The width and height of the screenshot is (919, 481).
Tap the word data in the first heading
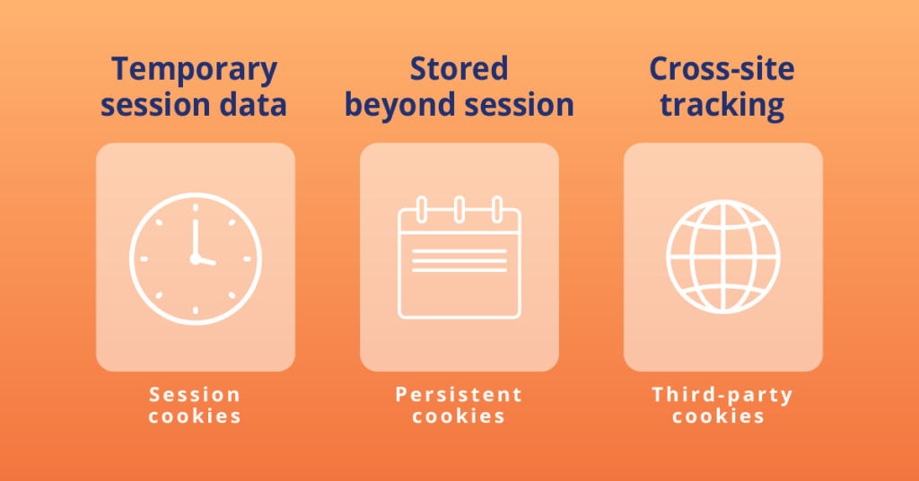pos(253,105)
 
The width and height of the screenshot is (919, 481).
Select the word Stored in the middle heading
pos(459,70)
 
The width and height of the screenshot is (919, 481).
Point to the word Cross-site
pos(722,70)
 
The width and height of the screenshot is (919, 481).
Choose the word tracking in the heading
pos(722,105)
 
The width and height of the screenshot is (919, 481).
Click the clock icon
pos(196,258)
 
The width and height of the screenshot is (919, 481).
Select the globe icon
pos(723,258)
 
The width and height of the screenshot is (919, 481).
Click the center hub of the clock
pos(195,258)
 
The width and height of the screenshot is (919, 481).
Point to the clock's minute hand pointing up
pos(194,235)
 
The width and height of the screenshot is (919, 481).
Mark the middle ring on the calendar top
pos(459,210)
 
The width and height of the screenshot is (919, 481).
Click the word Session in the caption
pos(195,395)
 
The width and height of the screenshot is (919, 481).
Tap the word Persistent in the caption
pos(459,395)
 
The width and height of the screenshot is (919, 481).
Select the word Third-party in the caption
pos(722,395)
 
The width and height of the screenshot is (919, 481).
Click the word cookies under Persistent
pos(459,416)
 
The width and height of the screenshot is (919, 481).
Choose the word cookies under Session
pos(195,416)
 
